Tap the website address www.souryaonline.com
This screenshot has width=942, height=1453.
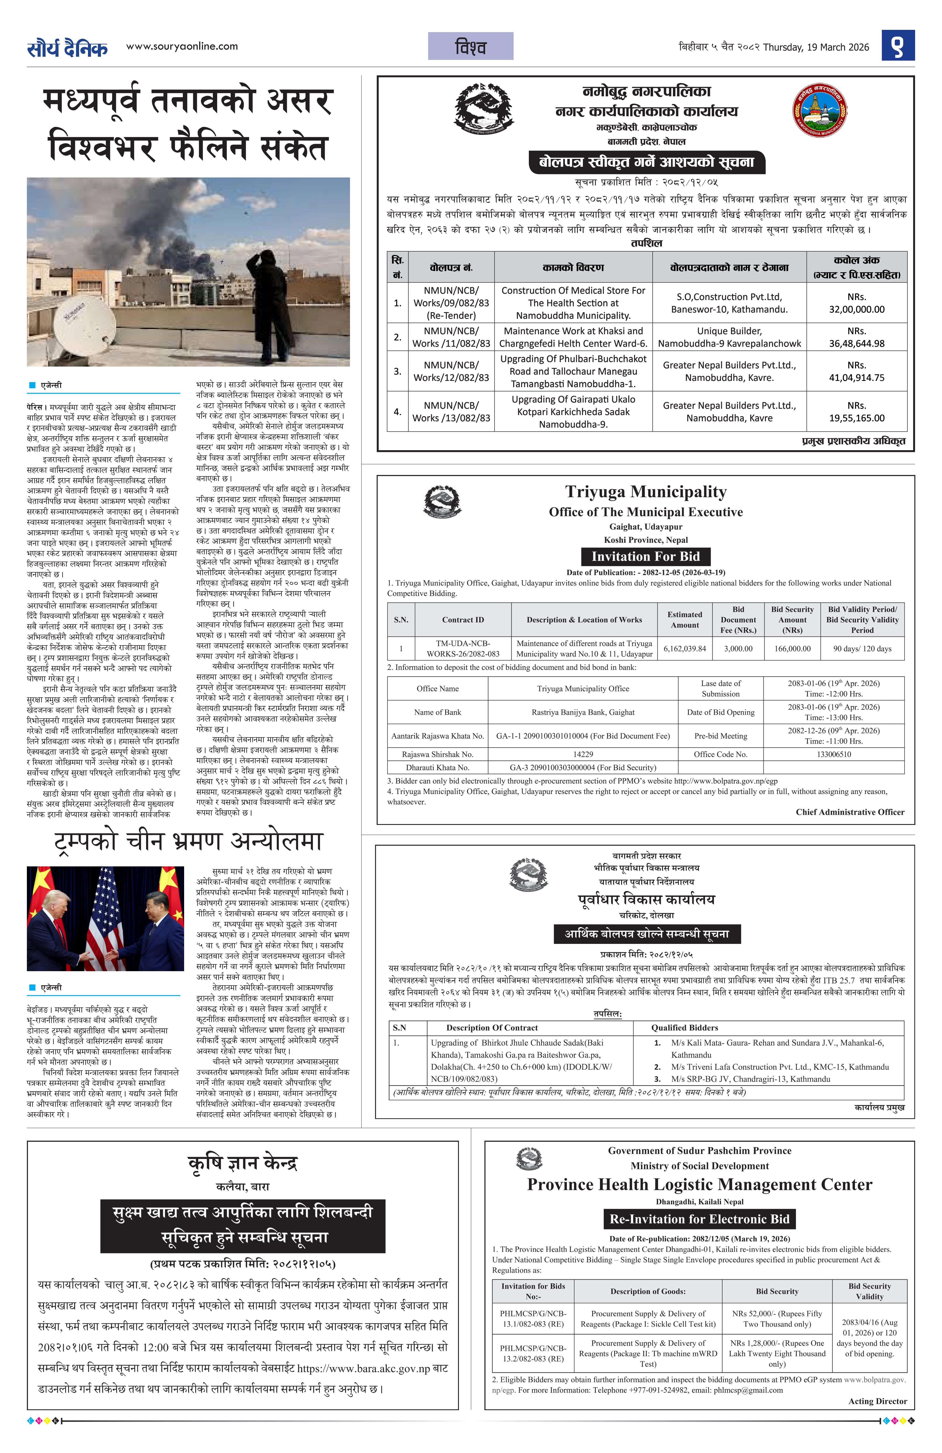click(x=182, y=46)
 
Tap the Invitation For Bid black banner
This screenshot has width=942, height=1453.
click(x=645, y=556)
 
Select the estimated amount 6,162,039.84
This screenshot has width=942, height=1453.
click(x=684, y=648)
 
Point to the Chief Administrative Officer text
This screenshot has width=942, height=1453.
click(x=850, y=812)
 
